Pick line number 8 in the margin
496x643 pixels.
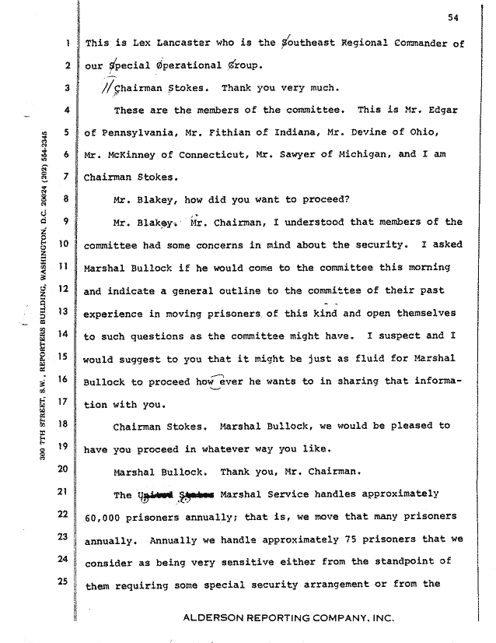[68, 199]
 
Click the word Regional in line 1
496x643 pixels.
[365, 44]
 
